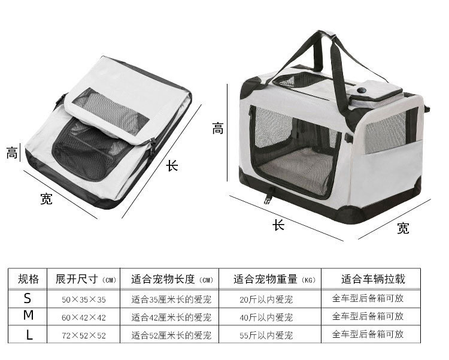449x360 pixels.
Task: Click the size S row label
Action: click(x=28, y=298)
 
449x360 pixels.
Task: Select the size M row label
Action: click(x=28, y=315)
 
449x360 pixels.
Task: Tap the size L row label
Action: click(x=29, y=334)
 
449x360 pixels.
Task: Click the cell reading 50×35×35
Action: click(x=84, y=300)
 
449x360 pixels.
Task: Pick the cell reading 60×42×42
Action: click(x=84, y=317)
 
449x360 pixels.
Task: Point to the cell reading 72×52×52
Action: click(x=84, y=335)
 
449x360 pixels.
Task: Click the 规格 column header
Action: click(x=28, y=279)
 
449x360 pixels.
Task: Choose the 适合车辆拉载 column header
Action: click(x=373, y=279)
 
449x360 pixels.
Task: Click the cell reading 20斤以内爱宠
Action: click(x=266, y=300)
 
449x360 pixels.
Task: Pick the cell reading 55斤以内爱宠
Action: click(x=266, y=335)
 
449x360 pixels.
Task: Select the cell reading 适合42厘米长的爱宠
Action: click(x=171, y=317)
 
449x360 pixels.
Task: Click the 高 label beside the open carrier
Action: click(x=218, y=128)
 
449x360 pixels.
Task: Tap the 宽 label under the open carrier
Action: click(x=403, y=228)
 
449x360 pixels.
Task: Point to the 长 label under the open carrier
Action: click(x=278, y=225)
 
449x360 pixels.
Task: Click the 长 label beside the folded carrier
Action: click(x=172, y=166)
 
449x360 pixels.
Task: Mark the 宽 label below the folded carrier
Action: click(x=46, y=199)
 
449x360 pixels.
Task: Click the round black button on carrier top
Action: click(x=362, y=90)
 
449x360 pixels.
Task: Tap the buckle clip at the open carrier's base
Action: click(x=268, y=198)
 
